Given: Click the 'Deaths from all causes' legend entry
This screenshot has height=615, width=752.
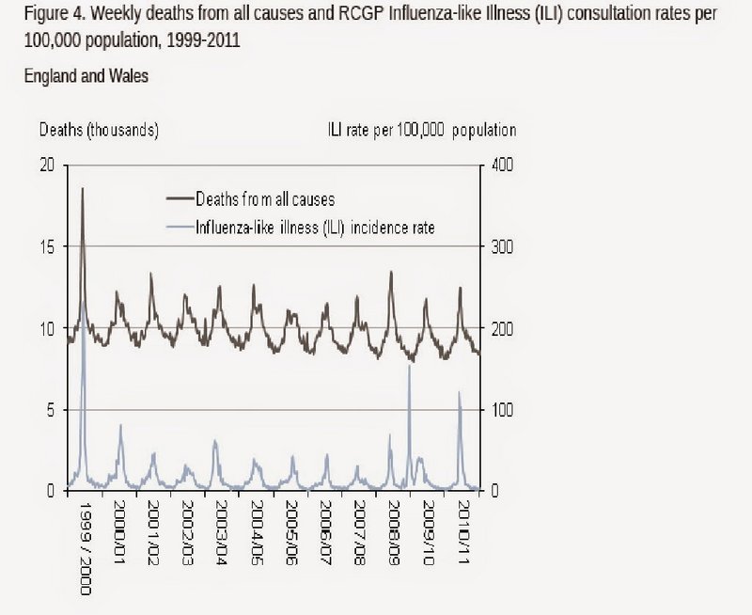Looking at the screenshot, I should (x=264, y=198).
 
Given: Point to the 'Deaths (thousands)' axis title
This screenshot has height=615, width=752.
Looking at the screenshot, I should (x=98, y=130).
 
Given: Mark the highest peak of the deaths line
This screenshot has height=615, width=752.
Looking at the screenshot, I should (x=82, y=188).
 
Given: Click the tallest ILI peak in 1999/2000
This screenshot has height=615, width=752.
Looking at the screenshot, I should (x=84, y=303).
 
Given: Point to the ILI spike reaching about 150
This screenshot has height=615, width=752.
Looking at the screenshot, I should (x=409, y=366).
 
